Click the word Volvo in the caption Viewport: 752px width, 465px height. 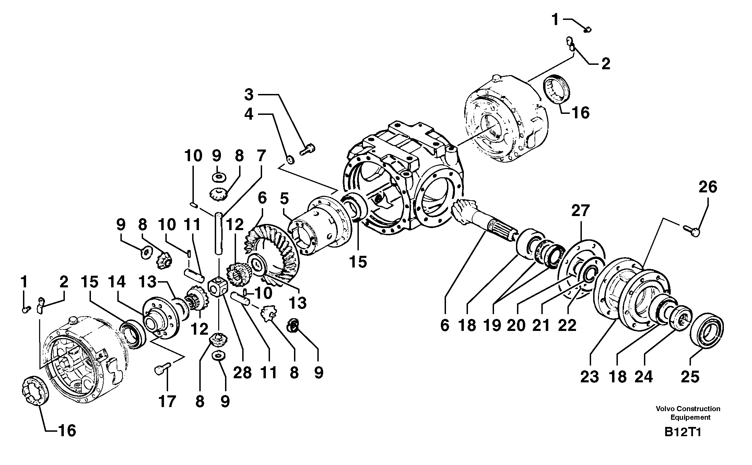tap(665, 409)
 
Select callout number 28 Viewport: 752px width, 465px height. tap(243, 373)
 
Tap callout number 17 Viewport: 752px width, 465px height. tap(167, 401)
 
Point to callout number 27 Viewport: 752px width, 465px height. tap(580, 211)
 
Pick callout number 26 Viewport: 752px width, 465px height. tap(708, 187)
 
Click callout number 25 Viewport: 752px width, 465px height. tap(690, 377)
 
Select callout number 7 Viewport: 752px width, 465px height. tap(261, 156)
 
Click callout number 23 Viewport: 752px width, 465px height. tap(590, 377)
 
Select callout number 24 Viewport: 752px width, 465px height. tap(643, 377)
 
